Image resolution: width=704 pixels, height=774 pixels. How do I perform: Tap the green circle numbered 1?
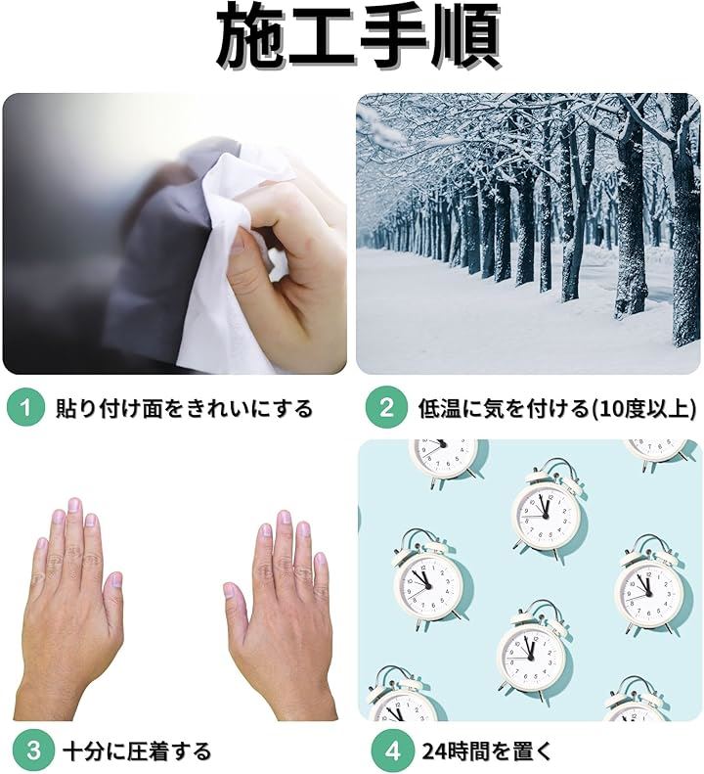tap(25, 408)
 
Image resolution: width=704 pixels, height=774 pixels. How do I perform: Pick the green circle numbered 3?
tap(33, 751)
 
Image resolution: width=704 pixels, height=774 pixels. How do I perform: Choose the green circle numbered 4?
tap(393, 751)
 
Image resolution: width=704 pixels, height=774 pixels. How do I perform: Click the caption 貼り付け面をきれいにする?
tap(184, 409)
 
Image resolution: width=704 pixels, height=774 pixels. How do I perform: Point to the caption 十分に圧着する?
tap(137, 751)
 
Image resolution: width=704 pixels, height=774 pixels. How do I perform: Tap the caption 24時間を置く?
tap(486, 751)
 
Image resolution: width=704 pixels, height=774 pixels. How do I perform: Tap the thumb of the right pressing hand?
tap(234, 602)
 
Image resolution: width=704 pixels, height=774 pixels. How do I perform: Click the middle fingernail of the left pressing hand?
tap(73, 505)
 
